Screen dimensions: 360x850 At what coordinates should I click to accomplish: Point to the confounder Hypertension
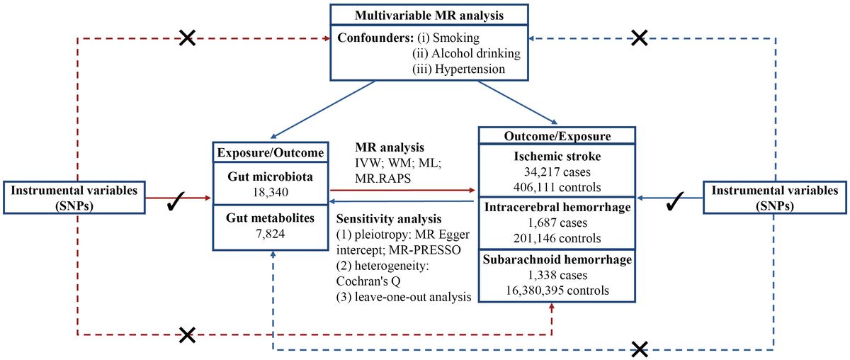point(460,69)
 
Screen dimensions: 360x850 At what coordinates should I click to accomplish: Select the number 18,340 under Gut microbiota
point(269,191)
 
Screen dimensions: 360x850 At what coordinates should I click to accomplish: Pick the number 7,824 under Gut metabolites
point(269,233)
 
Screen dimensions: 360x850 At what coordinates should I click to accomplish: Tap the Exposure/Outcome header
point(269,152)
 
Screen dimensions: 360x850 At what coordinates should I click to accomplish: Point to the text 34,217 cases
point(556,171)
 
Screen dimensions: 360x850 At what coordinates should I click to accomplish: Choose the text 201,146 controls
point(556,238)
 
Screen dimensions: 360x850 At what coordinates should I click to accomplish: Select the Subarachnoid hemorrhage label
point(556,260)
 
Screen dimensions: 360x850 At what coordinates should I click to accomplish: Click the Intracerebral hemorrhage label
point(556,208)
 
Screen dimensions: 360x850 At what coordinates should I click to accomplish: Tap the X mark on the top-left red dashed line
point(188,39)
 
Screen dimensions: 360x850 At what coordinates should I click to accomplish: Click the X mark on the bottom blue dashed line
point(640,349)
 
